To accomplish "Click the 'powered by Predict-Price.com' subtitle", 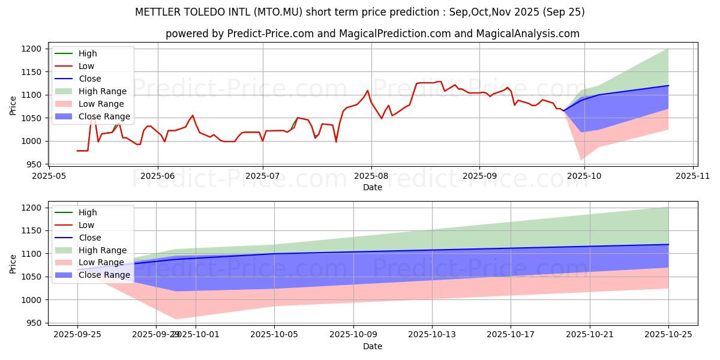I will (373, 34).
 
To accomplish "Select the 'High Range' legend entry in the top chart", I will (102, 91).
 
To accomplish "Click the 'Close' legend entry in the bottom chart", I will (89, 238).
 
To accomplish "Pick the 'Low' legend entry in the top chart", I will (86, 66).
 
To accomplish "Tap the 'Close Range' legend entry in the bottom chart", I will (104, 275).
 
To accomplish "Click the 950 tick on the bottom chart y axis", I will (34, 323).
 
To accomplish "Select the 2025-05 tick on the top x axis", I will (49, 176).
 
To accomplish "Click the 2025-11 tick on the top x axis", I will (693, 176).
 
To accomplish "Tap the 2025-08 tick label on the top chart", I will (371, 176).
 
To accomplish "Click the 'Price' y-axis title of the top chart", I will (13, 104).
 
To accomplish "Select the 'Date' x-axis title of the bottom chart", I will (373, 346).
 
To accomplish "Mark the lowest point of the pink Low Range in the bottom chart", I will (176, 319).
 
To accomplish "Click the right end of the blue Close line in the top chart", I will (668, 85).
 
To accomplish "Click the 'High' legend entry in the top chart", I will (87, 53).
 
